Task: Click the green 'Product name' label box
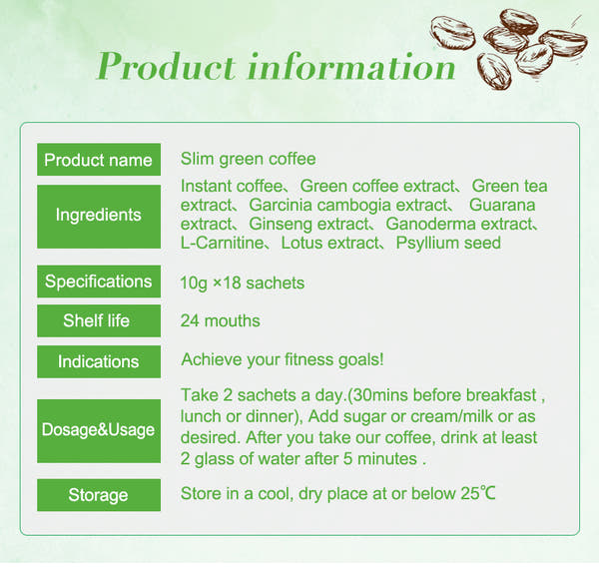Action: (99, 160)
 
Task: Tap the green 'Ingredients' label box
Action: (99, 217)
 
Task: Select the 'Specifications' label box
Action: (99, 282)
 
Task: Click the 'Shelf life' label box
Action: (99, 320)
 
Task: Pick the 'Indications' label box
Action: (99, 361)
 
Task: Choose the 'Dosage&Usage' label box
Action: (99, 431)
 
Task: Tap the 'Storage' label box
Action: (99, 495)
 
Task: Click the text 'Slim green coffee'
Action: (248, 160)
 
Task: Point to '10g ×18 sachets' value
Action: (243, 283)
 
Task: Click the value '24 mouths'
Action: (220, 320)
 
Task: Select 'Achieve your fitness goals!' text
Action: (283, 359)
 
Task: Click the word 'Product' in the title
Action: (166, 67)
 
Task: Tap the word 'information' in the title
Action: (351, 67)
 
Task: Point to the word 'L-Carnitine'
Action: (222, 243)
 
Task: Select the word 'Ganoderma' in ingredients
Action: (430, 224)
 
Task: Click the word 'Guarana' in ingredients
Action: (502, 205)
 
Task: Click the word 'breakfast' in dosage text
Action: (501, 395)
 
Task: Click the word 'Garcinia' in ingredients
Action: (281, 205)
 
